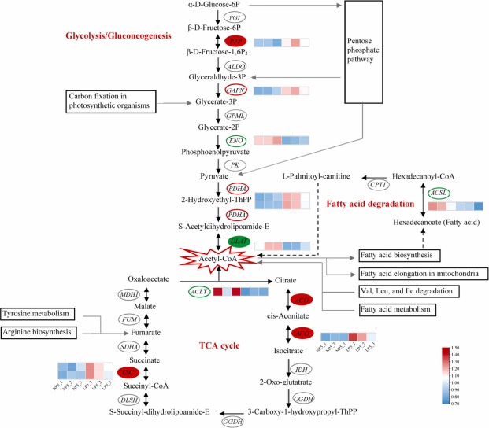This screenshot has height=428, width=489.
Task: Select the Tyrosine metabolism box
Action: coord(41,314)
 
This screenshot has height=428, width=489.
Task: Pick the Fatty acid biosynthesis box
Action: coord(398,256)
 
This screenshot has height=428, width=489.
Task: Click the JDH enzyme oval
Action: coord(299,369)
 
